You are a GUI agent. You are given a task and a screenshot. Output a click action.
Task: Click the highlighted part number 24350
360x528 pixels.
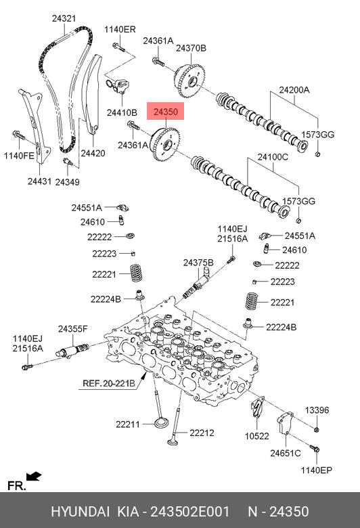click(x=165, y=111)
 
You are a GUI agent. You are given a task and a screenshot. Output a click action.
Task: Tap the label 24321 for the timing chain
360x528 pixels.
click(x=64, y=18)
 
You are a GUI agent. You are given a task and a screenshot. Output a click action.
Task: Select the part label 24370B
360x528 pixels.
click(x=191, y=48)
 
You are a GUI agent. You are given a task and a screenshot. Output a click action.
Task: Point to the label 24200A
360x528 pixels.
click(x=294, y=90)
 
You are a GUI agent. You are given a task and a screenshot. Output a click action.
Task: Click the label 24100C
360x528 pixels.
click(x=273, y=157)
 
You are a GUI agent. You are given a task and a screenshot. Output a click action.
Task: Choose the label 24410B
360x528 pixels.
click(x=122, y=112)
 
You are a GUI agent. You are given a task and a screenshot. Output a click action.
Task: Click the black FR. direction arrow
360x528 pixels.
click(x=34, y=477)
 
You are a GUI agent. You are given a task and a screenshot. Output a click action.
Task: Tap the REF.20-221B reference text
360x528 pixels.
click(x=108, y=383)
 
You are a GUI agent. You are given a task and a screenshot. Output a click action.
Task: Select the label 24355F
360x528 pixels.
click(x=72, y=329)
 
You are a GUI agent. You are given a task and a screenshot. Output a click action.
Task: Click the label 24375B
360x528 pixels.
click(x=198, y=263)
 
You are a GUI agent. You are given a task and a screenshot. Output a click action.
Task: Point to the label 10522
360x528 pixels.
click(x=257, y=436)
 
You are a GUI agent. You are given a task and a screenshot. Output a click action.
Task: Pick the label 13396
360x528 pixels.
click(x=317, y=410)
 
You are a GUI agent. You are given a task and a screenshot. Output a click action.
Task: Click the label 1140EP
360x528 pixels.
click(x=316, y=470)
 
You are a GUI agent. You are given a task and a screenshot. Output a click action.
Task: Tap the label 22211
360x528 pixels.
click(x=128, y=424)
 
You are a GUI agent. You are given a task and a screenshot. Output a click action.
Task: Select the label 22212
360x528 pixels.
click(x=202, y=433)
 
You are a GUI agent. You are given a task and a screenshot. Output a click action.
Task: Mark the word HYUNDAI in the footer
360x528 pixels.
click(x=80, y=511)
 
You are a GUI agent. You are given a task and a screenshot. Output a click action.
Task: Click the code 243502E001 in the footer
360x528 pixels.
click(x=189, y=511)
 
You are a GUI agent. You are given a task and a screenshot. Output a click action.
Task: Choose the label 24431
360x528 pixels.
click(x=39, y=181)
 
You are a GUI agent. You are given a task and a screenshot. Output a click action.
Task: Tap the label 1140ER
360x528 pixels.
click(x=120, y=29)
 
